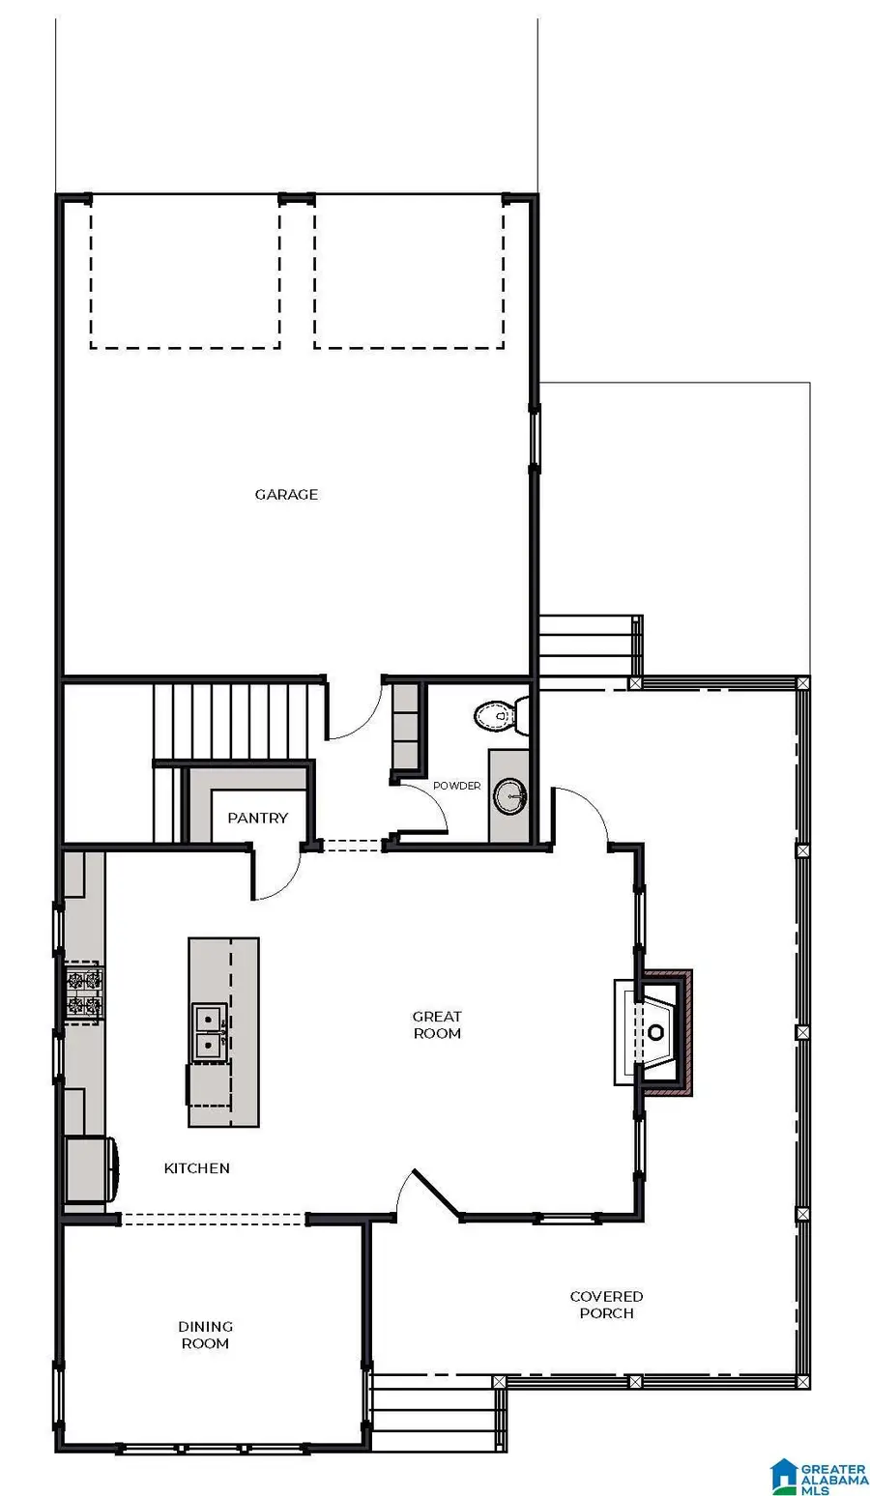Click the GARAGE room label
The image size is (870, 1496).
286,494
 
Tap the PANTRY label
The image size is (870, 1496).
257,818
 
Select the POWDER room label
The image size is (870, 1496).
456,786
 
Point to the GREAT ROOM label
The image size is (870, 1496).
437,1024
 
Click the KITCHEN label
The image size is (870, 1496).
197,1168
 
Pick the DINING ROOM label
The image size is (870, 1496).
205,1335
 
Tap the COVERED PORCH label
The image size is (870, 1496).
606,1305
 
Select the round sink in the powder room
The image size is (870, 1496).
509,796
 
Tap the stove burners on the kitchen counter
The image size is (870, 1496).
83,993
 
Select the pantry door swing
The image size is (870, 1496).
275,876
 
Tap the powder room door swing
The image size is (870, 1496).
423,808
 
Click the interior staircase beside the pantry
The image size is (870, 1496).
236,720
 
